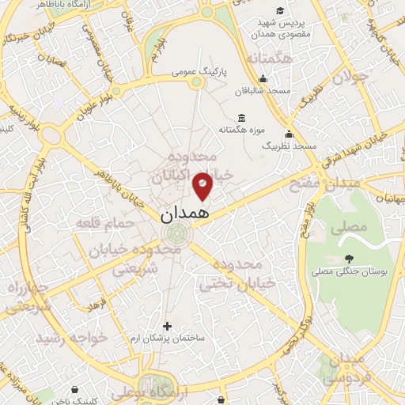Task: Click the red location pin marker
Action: click(203, 186)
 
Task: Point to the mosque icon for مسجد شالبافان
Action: click(263, 79)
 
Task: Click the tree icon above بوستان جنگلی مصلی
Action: click(348, 259)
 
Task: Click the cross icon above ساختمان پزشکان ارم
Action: click(166, 325)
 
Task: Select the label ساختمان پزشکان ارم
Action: click(166, 338)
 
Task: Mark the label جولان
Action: click(350, 78)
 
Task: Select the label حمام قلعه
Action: click(101, 224)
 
